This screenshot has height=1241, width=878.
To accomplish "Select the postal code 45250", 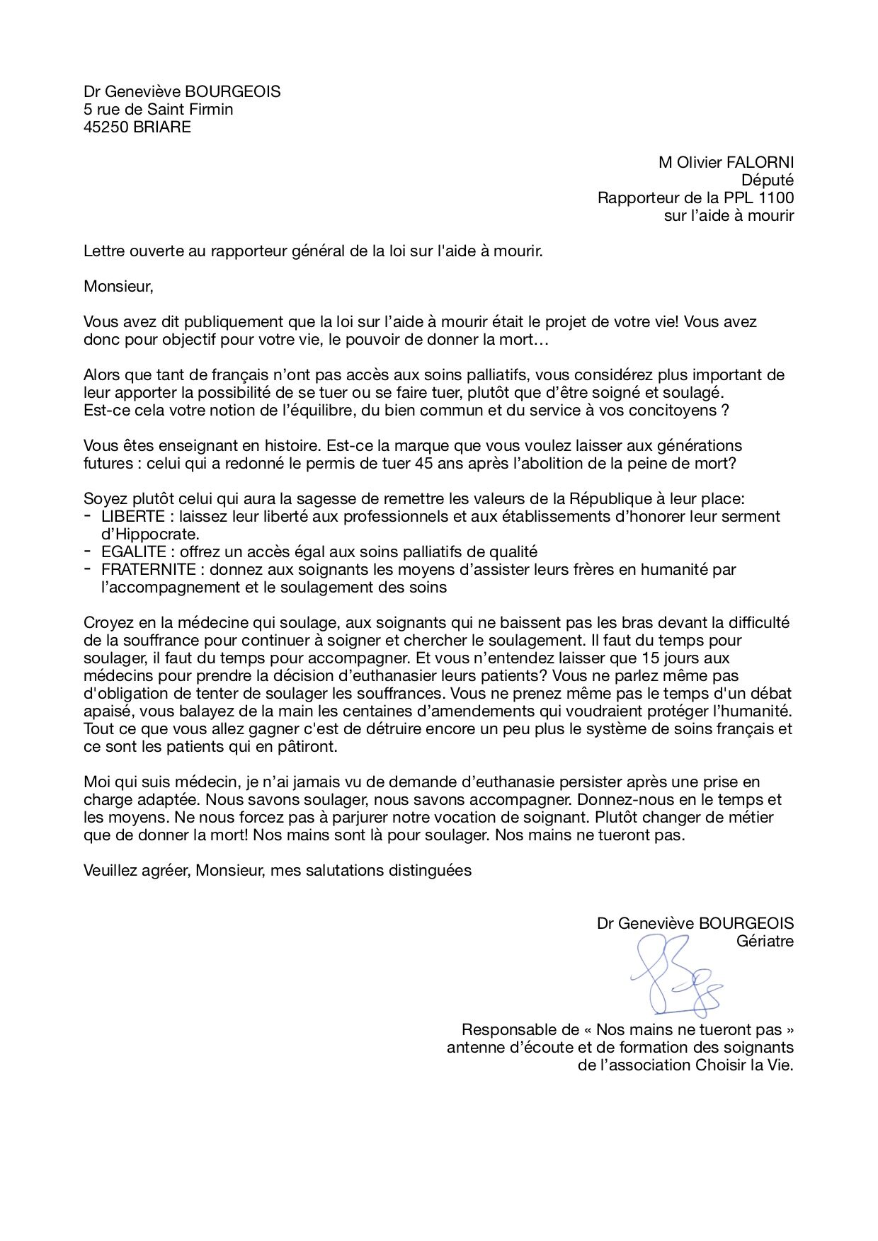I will (106, 127).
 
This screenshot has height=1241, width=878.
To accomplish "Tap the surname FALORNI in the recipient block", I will (760, 163).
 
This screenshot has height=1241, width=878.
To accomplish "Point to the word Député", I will (768, 181).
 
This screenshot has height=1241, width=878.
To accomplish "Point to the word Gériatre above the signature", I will (765, 942).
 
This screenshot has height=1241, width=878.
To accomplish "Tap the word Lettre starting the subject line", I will (103, 251).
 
